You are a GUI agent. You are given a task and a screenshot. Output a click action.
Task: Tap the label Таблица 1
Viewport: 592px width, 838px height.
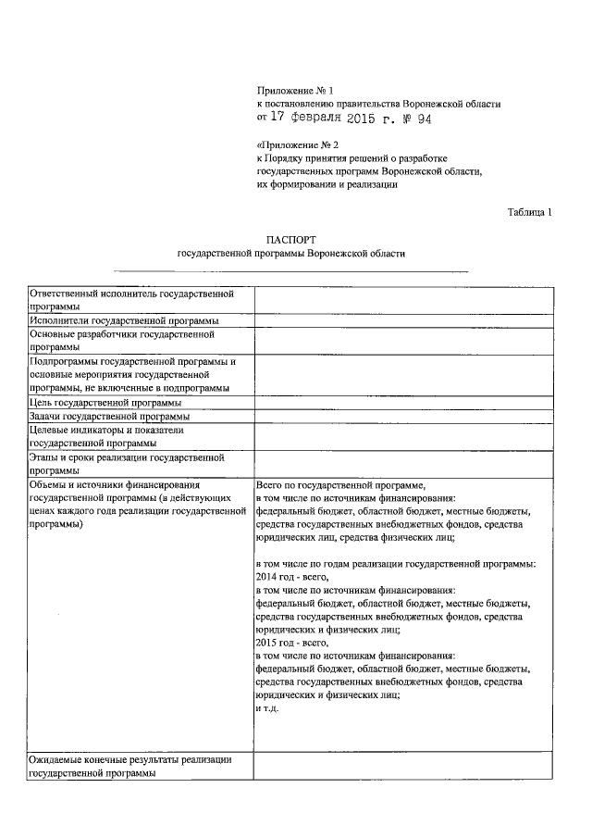(530, 212)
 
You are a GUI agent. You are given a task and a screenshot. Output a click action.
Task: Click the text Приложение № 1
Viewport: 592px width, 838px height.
(294, 90)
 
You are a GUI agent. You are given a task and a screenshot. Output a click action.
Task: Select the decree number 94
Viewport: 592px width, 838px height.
(422, 119)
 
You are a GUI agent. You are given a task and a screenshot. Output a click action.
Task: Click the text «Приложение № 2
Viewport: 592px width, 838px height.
(291, 145)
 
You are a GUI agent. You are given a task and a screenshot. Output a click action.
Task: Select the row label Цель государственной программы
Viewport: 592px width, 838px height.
(105, 403)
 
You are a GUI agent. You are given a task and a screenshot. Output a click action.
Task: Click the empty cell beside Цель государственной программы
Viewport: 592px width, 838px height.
(403, 403)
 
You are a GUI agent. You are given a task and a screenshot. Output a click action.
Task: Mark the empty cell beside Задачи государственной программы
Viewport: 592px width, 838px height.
(403, 417)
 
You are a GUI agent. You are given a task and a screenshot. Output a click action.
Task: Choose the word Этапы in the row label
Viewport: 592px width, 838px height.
(44, 457)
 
